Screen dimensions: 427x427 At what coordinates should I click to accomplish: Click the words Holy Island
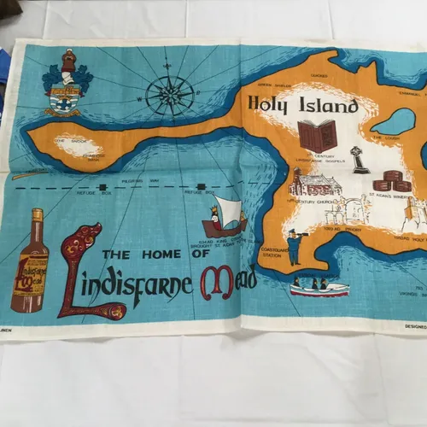(x=302, y=106)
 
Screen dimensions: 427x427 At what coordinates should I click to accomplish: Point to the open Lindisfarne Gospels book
(x=317, y=136)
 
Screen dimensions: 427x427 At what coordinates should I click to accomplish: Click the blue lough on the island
(x=393, y=121)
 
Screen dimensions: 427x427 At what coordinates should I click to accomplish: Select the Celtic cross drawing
(x=360, y=159)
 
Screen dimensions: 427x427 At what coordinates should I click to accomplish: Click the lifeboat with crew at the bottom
(x=319, y=287)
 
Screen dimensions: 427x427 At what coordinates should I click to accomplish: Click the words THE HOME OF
(x=154, y=254)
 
